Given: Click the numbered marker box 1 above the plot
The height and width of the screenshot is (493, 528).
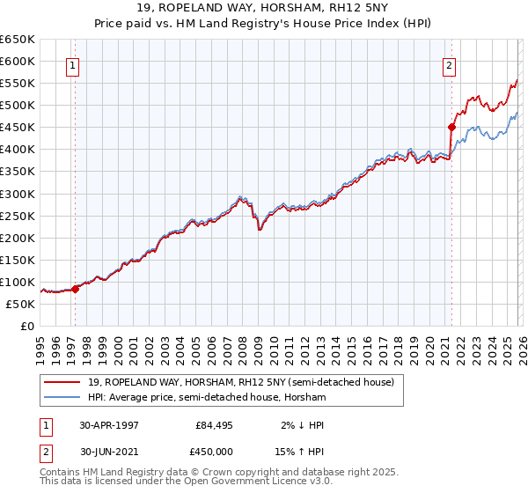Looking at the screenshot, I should coord(73,64).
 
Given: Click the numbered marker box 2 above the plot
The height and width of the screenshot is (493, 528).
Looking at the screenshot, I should coord(450,64).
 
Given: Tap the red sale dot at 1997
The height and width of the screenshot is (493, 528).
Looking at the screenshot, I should coord(76,288).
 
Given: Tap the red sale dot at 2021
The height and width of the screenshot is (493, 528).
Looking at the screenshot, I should coord(451,127).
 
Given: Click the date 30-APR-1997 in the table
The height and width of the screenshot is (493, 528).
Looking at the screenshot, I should coord(109,424).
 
